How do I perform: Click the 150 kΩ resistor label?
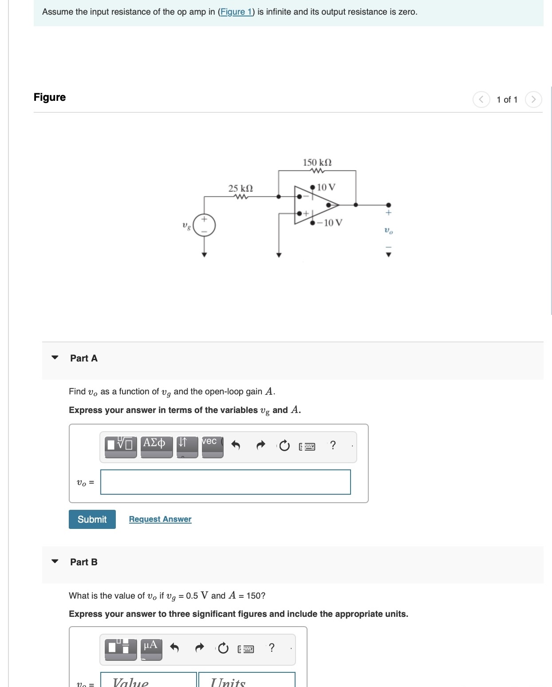pos(317,163)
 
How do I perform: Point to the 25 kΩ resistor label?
pos(241,188)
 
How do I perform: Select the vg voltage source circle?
pos(204,226)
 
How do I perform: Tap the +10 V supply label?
pos(326,187)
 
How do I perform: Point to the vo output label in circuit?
pos(388,231)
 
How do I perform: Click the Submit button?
pos(92,519)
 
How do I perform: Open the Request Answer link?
pos(160,519)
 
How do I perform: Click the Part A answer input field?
pos(225,482)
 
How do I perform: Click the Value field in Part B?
pos(148,680)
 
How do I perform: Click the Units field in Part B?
pos(246,680)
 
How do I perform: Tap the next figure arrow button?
pos(533,99)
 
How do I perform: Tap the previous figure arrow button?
pos(481,99)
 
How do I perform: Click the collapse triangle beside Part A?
pos(55,357)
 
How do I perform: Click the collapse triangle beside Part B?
pos(55,561)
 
